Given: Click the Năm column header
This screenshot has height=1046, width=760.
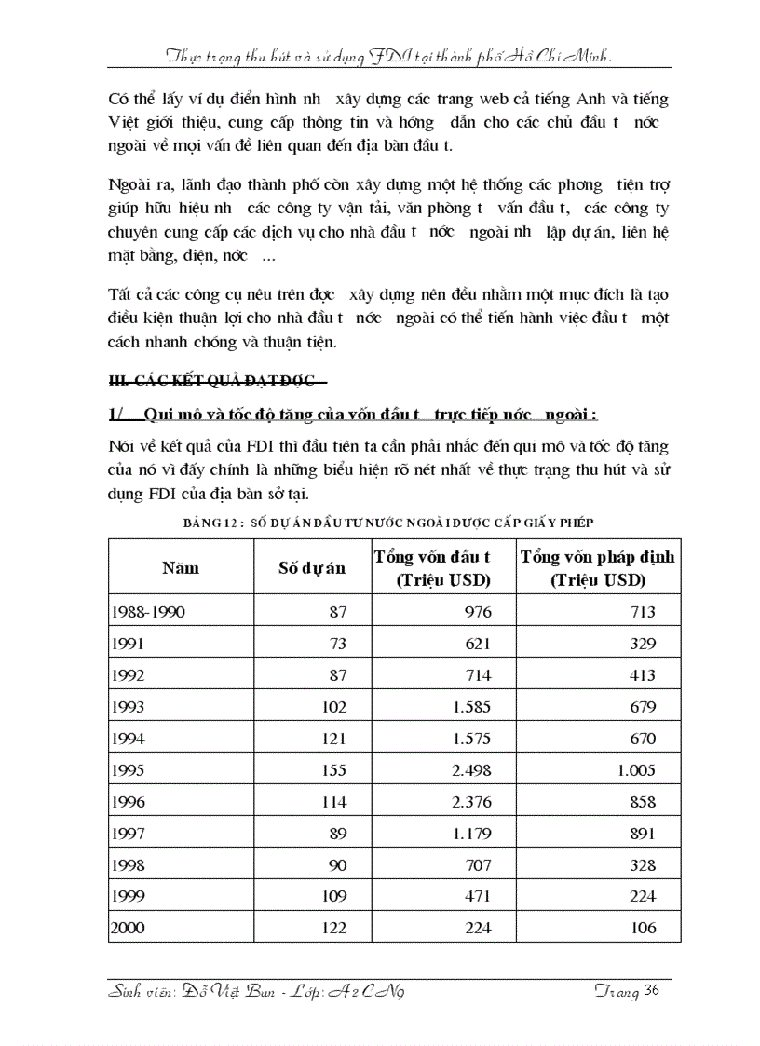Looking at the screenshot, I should click(x=181, y=567).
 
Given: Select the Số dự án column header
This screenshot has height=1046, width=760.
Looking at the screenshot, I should click(x=312, y=568).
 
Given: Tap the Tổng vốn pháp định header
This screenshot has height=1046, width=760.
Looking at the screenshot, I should click(x=598, y=568).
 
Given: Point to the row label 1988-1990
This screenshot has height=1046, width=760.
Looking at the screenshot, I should click(x=148, y=612).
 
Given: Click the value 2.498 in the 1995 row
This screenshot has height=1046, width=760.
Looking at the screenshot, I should click(x=471, y=770).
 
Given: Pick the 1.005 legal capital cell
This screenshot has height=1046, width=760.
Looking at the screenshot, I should click(x=635, y=770).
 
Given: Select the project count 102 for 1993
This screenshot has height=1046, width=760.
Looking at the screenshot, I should click(x=332, y=707).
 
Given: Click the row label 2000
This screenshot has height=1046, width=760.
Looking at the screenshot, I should click(x=128, y=928).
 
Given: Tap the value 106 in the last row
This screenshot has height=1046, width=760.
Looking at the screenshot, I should click(x=642, y=928).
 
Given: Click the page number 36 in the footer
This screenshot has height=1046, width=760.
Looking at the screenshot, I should click(x=651, y=991).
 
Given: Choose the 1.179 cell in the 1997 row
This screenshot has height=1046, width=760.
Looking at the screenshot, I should click(x=471, y=834).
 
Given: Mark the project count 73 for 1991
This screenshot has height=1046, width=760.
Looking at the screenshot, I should click(x=336, y=644).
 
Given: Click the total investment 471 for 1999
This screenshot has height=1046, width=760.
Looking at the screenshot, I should click(x=479, y=896).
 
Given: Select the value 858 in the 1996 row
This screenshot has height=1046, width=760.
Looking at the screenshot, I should click(x=642, y=802).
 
